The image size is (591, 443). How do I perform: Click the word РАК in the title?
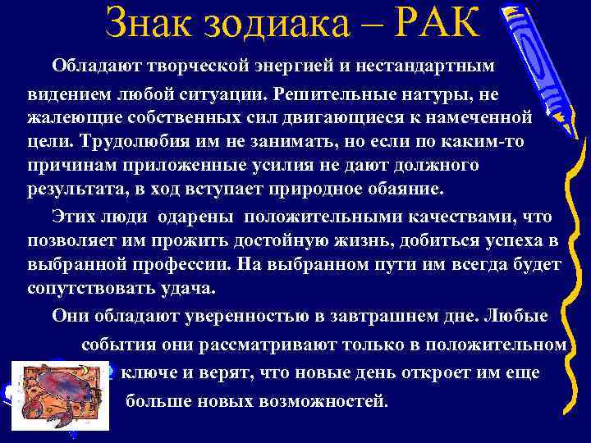point(435,25)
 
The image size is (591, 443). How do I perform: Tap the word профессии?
point(181,266)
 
